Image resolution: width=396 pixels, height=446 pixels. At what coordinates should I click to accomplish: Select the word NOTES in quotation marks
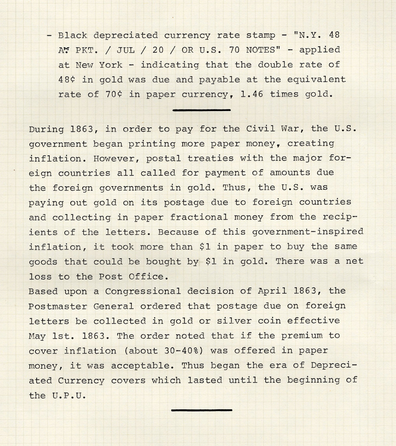(x=261, y=50)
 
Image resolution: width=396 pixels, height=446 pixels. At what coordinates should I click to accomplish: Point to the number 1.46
(x=252, y=94)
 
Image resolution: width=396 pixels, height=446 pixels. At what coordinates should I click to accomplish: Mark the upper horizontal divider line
(x=201, y=110)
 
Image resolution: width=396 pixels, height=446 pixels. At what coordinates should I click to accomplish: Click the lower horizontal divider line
(x=201, y=410)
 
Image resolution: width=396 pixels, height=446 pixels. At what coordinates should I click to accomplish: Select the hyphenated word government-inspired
(x=308, y=232)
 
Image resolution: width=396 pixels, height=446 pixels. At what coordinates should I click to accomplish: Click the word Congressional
(x=143, y=292)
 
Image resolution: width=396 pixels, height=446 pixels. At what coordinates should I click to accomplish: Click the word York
(x=111, y=65)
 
